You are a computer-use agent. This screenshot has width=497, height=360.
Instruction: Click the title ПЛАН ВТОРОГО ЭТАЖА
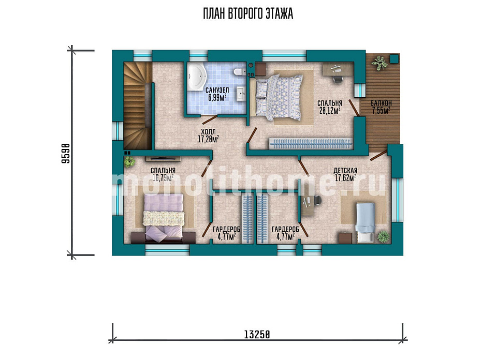248,14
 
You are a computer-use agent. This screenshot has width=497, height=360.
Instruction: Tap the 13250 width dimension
257,334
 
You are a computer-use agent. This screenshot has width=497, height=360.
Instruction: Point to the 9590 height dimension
65,153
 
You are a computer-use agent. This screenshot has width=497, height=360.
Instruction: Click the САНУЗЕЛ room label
217,91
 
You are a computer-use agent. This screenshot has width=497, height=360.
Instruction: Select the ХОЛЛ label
208,132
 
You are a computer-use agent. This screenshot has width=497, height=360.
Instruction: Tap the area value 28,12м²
330,110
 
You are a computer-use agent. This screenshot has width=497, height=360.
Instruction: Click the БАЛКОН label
381,103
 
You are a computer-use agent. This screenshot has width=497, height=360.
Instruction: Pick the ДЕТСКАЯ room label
345,171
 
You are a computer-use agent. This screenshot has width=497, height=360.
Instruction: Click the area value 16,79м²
163,178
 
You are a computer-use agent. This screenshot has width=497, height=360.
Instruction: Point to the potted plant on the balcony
379,63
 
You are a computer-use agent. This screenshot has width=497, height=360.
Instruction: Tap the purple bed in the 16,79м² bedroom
164,218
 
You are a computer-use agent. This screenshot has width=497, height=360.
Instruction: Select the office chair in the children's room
317,200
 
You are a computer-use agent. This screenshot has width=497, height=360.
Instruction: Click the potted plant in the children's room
383,236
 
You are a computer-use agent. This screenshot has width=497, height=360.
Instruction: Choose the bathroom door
210,119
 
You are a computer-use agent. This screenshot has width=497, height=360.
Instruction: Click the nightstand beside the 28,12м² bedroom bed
260,69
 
